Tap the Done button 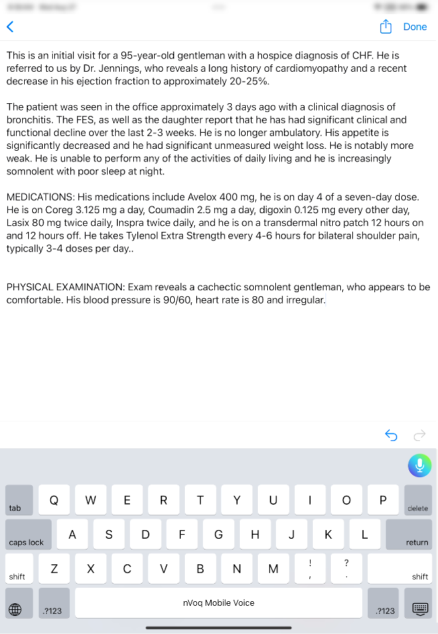(415, 27)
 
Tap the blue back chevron (10, 27)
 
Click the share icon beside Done (386, 27)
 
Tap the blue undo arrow (391, 436)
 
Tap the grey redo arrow (420, 436)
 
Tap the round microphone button (420, 465)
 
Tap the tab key (19, 500)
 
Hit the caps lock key (28, 535)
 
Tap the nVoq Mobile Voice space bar (218, 603)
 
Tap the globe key (15, 609)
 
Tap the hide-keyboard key (420, 609)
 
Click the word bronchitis (27, 120)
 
